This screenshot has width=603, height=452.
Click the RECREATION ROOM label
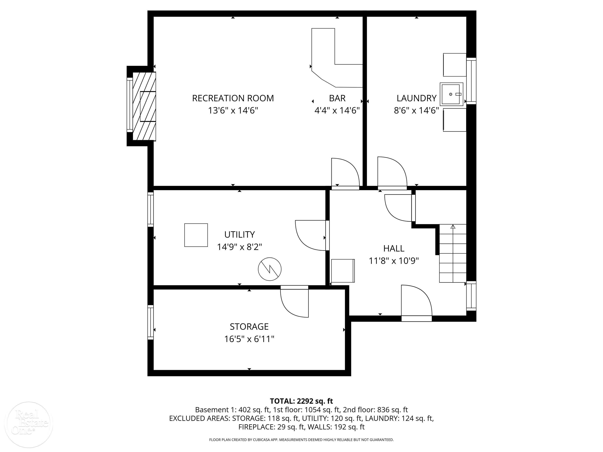[233, 98]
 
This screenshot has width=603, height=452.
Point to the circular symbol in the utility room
[270, 269]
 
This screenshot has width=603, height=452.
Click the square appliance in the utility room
[196, 235]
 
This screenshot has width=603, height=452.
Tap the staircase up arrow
[453, 227]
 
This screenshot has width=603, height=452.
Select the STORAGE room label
[249, 326]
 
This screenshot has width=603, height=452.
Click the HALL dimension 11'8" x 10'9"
[394, 261]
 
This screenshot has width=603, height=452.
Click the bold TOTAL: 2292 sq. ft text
[301, 401]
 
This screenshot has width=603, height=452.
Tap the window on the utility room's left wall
[151, 209]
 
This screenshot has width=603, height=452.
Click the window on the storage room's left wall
[151, 322]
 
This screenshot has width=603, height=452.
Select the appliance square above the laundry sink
[454, 65]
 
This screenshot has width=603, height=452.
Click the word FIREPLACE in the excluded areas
[256, 427]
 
